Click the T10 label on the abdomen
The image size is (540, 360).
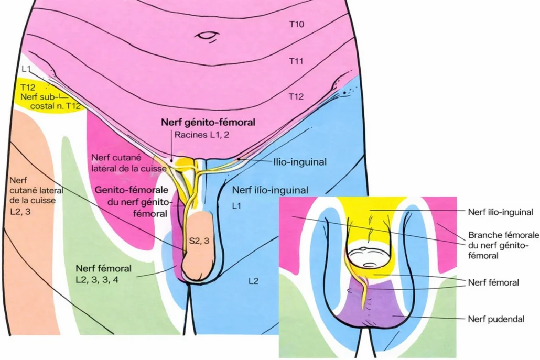click(297, 24)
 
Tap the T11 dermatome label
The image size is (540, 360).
click(297, 61)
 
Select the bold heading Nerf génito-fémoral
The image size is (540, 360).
click(208, 123)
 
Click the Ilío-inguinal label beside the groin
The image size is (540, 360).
click(300, 162)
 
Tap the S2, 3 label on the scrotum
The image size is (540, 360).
click(199, 240)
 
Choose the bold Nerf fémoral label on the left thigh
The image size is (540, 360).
click(103, 269)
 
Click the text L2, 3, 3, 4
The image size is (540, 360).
click(97, 280)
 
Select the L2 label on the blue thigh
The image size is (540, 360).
click(253, 281)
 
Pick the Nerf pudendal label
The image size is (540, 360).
click(496, 318)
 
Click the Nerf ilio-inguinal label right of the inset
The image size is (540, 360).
click(501, 212)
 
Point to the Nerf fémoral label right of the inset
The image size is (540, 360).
click(493, 282)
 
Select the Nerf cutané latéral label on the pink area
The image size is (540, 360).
click(128, 162)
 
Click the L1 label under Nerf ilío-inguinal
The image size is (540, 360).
click(236, 206)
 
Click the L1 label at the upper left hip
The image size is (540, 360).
click(27, 69)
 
